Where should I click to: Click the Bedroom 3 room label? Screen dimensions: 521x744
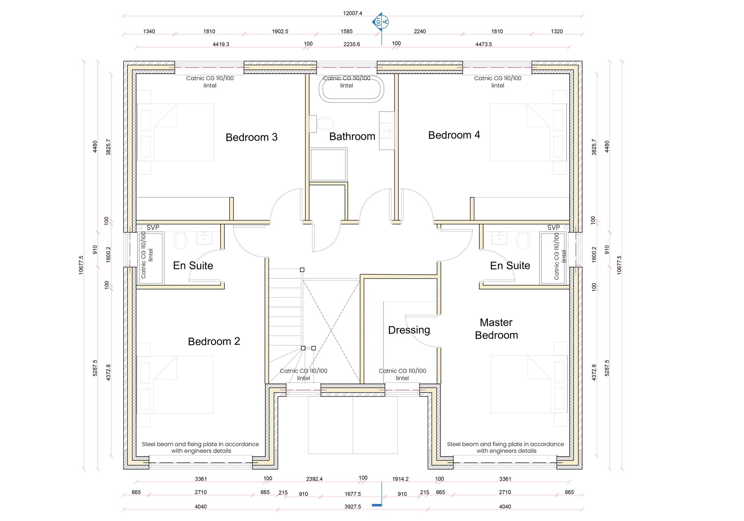coord(251,137)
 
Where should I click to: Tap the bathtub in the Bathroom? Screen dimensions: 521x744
coord(351,90)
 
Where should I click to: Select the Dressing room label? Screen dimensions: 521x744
coord(409,330)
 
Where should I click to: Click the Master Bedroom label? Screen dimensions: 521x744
coord(496,329)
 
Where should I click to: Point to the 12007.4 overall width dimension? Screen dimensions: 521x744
coord(352,13)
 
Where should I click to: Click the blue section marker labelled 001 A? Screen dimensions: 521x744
coord(381,22)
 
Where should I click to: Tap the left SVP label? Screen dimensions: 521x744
coord(153,227)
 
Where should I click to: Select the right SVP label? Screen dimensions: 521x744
coord(553,227)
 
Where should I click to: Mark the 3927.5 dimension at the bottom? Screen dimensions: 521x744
coord(352,506)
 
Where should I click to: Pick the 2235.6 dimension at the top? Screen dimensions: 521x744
coord(352,44)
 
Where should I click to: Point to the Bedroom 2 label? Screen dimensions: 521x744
coord(214,342)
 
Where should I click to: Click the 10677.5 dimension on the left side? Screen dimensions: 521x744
coord(81,265)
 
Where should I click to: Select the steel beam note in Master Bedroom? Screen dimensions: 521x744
coord(506,447)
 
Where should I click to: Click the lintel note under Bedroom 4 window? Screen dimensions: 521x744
coord(498,82)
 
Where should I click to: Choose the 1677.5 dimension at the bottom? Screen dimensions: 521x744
coord(352,494)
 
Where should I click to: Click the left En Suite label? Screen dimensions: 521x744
coord(193,266)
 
